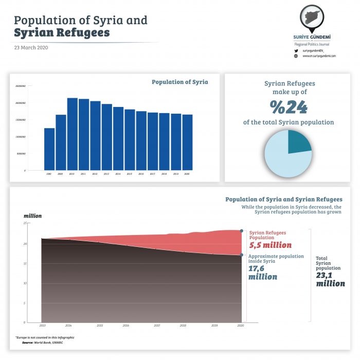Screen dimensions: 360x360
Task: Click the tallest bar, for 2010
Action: (72, 134)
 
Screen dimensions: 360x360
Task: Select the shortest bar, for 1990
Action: (49, 149)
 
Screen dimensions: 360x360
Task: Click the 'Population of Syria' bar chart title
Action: (179, 82)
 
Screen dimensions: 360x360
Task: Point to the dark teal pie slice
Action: (298, 141)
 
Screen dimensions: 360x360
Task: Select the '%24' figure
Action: (289, 106)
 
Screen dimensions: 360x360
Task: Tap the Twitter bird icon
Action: (296, 50)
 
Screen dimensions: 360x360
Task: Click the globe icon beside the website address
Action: (296, 56)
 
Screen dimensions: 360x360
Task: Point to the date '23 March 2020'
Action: (31, 47)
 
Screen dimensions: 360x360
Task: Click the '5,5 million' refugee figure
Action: (270, 245)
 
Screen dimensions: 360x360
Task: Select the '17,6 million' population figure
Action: (263, 272)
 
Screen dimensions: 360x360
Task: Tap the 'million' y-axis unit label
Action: (32, 216)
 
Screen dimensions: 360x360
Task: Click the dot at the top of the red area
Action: (242, 231)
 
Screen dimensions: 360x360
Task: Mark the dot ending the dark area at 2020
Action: (242, 255)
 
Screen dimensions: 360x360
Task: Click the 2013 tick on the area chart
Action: (42, 326)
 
